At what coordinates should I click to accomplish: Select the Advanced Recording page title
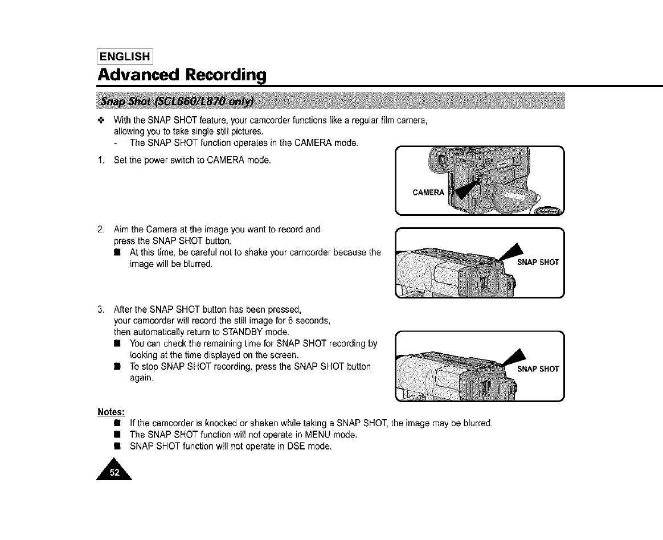click(x=182, y=75)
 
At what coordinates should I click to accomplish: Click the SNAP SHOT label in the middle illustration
click(x=538, y=263)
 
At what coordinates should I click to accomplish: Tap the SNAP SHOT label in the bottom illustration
click(x=538, y=369)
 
